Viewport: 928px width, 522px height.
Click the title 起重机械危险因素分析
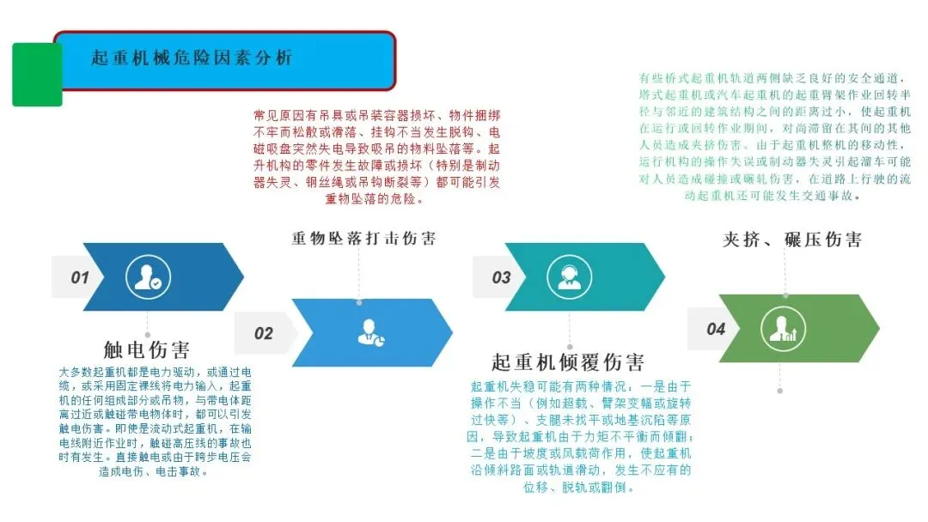click(x=192, y=58)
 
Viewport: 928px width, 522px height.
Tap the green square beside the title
click(x=37, y=75)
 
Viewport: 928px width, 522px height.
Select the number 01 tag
click(x=80, y=277)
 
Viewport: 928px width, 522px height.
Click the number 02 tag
click(x=263, y=333)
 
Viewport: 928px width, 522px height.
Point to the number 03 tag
click(x=501, y=277)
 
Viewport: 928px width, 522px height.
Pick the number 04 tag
click(x=716, y=329)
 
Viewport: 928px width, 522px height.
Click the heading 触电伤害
click(x=146, y=349)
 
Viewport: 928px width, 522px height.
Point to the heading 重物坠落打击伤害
click(x=363, y=238)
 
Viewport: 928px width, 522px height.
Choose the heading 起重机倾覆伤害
click(x=568, y=361)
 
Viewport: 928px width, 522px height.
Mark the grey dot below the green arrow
click(x=780, y=391)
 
